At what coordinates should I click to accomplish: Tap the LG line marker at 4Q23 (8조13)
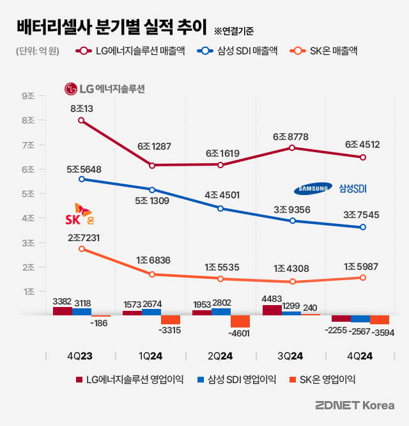pos(81,120)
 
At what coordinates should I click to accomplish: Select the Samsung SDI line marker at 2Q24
pos(221,209)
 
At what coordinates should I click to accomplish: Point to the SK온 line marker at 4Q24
pos(363,278)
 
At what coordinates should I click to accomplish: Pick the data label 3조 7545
pos(362,215)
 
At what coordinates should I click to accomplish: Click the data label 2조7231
pos(82,237)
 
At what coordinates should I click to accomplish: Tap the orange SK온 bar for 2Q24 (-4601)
pos(240,321)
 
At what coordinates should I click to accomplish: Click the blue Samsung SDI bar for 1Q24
pos(151,312)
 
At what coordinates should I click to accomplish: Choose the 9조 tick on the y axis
pos(28,96)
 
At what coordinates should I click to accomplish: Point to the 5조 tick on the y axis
pos(28,194)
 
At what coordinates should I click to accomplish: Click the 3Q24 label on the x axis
pos(291,355)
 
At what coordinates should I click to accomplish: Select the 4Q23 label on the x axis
pos(81,355)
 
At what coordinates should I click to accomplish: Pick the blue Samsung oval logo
pos(313,188)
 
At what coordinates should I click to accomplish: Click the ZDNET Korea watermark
pos(355,406)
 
